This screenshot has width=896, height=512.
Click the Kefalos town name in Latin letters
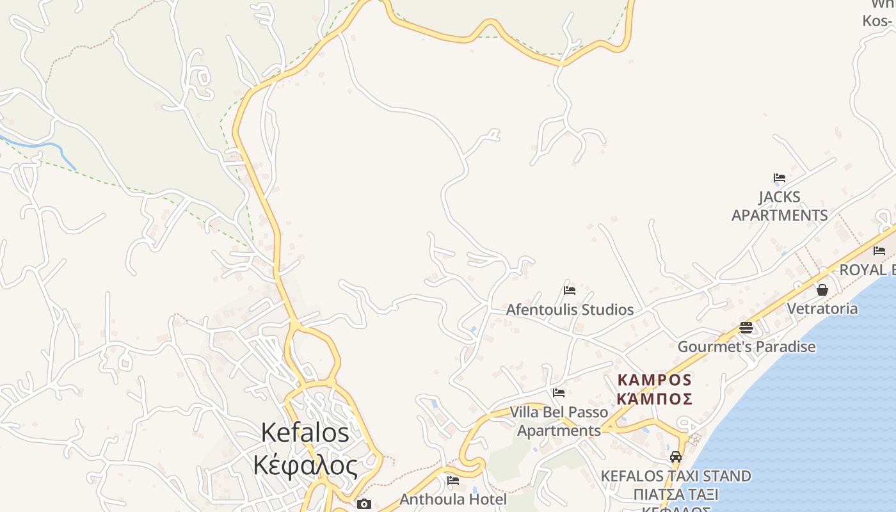tap(305, 433)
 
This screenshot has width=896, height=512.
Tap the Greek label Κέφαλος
tap(305, 465)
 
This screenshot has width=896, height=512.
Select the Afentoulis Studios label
tap(570, 310)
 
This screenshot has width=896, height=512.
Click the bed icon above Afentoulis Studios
tap(570, 291)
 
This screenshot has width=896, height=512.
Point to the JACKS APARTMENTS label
tap(780, 206)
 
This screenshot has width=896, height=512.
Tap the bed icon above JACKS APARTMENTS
tap(780, 178)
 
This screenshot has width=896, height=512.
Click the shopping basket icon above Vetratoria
tap(822, 290)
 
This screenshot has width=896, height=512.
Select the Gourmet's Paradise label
tap(746, 347)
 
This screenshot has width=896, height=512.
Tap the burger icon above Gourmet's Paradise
tap(746, 328)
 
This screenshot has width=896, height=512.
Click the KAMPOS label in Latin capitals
tap(654, 380)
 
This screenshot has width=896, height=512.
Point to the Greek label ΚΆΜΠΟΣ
tap(654, 399)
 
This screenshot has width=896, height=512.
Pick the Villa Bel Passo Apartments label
tap(559, 421)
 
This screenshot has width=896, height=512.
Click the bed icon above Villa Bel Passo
tap(559, 393)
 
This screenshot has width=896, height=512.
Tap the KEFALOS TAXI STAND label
tap(676, 476)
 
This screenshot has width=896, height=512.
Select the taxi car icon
tap(676, 457)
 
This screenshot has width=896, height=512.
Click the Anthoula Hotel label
tap(453, 499)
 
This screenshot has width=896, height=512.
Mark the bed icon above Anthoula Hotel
tap(453, 480)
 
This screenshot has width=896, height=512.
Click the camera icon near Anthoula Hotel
tap(364, 504)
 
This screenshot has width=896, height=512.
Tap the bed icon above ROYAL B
tap(879, 251)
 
